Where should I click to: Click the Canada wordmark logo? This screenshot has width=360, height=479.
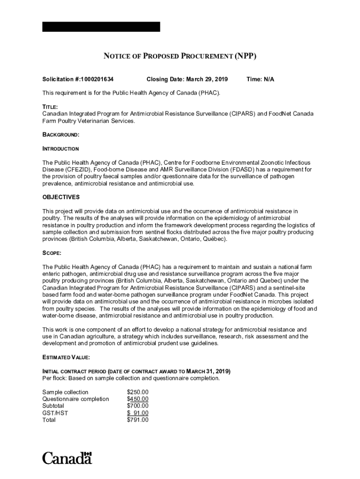67,457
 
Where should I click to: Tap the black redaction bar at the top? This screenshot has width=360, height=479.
101,27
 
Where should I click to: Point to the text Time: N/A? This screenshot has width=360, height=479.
260,80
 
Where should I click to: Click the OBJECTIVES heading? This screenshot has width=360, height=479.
61,197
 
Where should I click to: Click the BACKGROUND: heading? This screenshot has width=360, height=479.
61,135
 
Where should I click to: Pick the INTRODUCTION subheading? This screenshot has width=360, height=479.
60,149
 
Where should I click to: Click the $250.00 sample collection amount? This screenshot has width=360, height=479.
137,392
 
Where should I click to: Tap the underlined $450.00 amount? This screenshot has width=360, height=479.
137,399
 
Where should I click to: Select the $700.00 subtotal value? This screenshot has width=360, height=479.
137,406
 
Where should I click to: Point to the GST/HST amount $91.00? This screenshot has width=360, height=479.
137,413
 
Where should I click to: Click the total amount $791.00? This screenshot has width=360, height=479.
137,420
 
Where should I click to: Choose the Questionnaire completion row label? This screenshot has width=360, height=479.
75,399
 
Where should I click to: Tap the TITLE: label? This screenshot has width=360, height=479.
50,107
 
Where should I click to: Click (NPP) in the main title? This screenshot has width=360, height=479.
246,57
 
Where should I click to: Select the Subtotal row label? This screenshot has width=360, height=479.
53,406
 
